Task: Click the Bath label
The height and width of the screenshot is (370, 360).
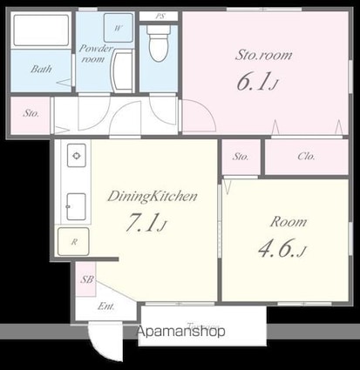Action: click(x=40, y=69)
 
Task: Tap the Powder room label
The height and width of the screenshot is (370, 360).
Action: click(x=94, y=54)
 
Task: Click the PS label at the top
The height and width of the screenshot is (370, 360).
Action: click(x=160, y=16)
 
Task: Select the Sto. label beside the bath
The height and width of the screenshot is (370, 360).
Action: click(x=31, y=112)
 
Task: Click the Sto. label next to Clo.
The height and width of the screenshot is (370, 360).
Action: click(x=241, y=157)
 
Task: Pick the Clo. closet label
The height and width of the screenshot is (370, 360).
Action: click(x=306, y=157)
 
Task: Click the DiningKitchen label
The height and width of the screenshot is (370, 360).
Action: click(x=153, y=197)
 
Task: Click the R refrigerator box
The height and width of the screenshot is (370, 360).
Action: click(x=75, y=241)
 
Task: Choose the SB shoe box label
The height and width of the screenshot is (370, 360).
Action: click(x=86, y=279)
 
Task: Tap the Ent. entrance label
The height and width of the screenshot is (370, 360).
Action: click(x=105, y=306)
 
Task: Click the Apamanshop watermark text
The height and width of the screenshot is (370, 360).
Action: click(x=180, y=332)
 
